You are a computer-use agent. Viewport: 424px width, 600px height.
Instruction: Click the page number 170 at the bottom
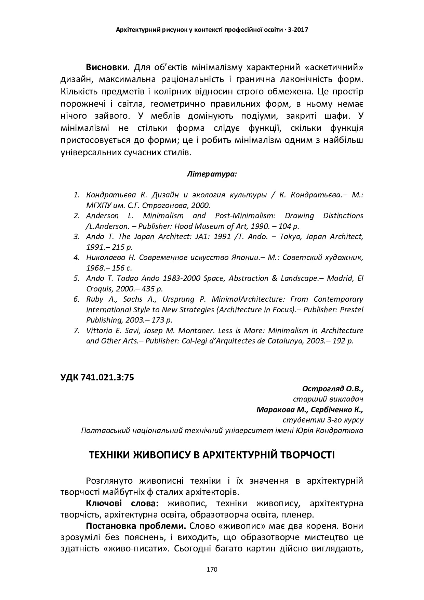click(212, 570)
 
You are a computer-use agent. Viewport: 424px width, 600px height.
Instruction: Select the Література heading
click(212, 174)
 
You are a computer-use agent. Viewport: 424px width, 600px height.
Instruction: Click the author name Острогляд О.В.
click(332, 389)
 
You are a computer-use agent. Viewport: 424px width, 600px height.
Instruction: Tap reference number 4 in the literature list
click(76, 257)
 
